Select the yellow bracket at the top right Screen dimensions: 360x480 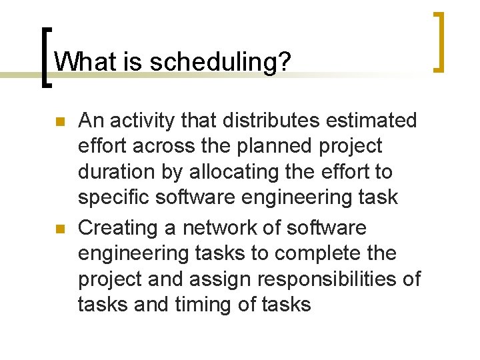coord(439,41)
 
